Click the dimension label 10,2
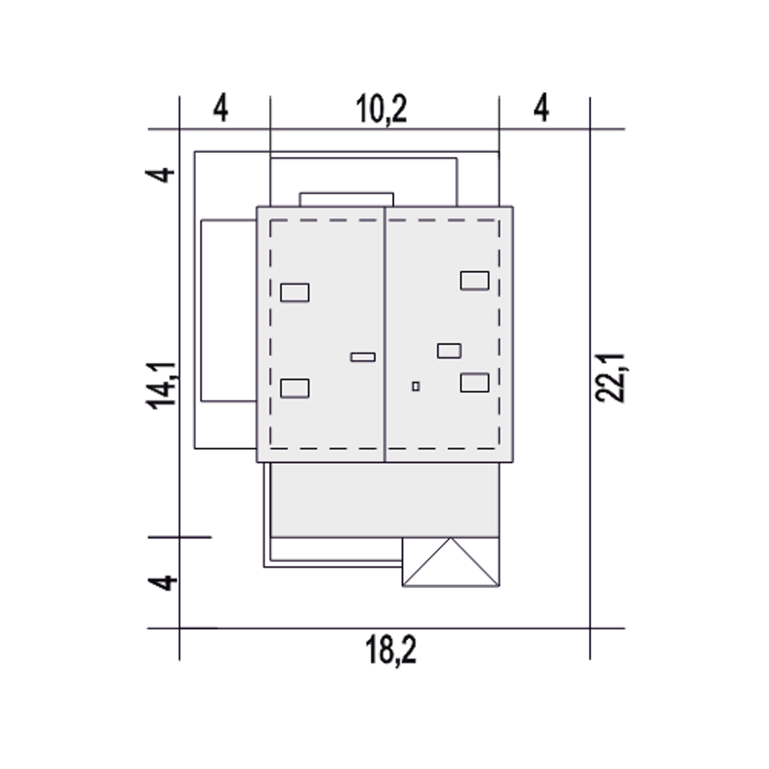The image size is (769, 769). point(381,109)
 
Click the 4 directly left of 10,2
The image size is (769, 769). point(220,109)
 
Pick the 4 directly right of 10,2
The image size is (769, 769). point(541,109)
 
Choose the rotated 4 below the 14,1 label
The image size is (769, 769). point(162,583)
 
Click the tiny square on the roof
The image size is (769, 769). point(416,386)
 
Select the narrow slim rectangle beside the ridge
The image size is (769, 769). point(363,357)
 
